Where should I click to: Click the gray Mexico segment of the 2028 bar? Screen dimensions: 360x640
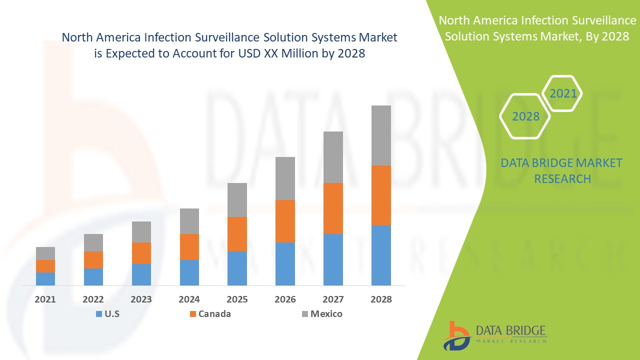380,135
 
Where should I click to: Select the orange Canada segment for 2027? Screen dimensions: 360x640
333,208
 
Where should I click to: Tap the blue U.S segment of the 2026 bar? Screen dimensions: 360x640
285,263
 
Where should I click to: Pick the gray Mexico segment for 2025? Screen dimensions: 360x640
237,199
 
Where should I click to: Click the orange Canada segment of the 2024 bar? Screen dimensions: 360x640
189,246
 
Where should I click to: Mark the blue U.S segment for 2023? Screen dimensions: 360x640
141,274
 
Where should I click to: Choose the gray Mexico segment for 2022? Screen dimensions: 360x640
93,242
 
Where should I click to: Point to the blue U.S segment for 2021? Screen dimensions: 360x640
45,278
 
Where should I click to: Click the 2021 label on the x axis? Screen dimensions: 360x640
45,299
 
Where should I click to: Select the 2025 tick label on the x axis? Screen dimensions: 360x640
237,299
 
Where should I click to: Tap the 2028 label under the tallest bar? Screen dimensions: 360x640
380,299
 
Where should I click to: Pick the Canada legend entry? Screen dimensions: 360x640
214,314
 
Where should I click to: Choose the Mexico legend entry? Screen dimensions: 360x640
326,314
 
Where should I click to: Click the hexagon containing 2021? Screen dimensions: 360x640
562,93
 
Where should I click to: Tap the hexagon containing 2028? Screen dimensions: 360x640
525,116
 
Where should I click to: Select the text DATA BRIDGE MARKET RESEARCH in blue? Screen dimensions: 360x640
562,170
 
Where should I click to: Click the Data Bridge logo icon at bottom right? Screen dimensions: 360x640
457,335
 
